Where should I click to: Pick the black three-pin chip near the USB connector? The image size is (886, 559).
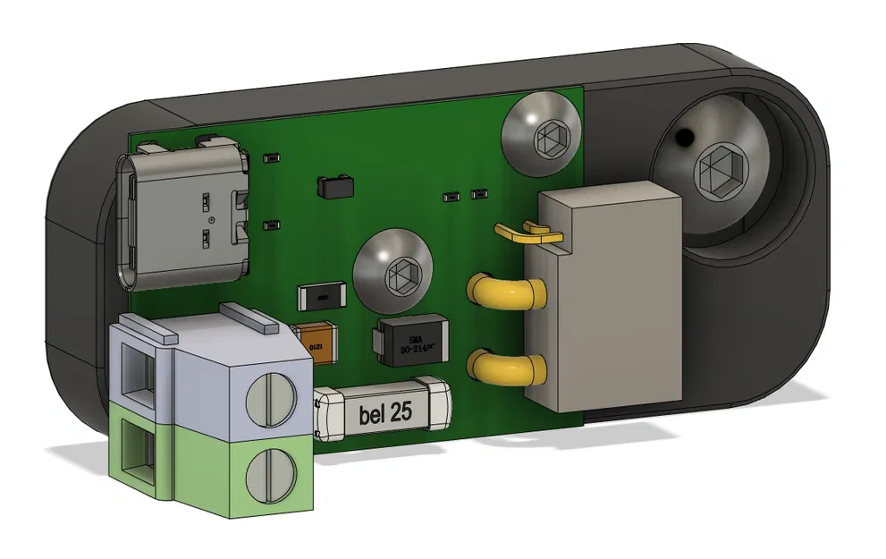(x=335, y=186)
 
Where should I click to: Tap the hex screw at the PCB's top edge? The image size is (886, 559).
(x=542, y=138)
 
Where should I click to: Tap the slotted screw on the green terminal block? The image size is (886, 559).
(x=268, y=472)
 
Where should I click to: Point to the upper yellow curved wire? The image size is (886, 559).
(x=501, y=290)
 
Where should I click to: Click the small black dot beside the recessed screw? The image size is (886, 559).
(x=683, y=138)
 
